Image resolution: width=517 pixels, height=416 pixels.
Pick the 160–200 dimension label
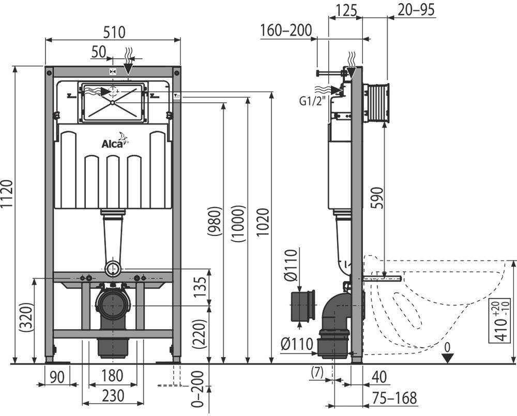click(286, 30)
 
